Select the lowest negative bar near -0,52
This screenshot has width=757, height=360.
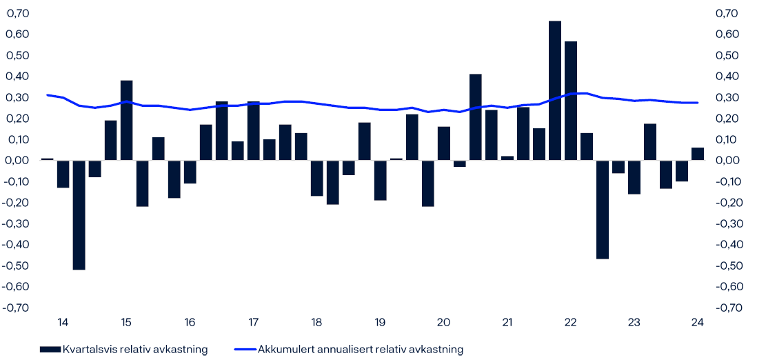point(79,214)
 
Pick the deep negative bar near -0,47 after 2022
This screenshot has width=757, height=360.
point(603,210)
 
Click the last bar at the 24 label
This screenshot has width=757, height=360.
point(698,154)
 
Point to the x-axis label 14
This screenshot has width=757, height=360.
point(63,322)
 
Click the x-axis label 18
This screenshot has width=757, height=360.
point(317,322)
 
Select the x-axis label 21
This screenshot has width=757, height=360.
point(507,322)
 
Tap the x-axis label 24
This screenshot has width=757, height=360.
point(698,322)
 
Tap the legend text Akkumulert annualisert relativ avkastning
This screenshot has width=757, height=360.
point(361,350)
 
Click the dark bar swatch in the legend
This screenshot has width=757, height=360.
point(50,350)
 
